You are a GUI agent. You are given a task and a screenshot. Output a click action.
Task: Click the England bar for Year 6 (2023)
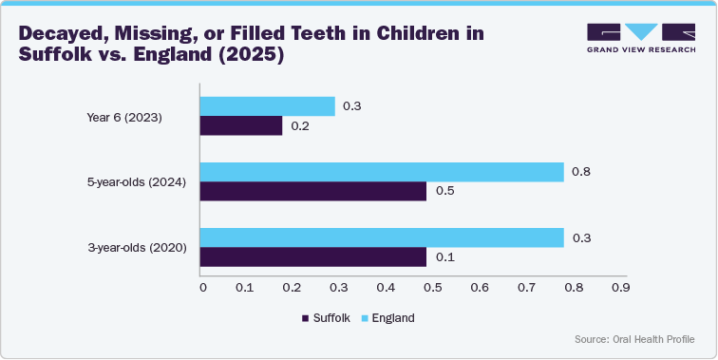268,106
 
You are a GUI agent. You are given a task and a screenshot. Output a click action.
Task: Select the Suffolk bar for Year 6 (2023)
241,126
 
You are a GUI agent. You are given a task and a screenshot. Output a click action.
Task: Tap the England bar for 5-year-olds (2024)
382,172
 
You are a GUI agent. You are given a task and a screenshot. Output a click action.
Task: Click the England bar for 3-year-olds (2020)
382,237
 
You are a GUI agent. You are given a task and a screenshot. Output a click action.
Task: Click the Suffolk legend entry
328,318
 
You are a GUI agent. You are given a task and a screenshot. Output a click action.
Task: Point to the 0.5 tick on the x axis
433,287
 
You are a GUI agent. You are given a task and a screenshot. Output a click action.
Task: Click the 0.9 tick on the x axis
619,287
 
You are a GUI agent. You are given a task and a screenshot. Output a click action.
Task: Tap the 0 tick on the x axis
201,287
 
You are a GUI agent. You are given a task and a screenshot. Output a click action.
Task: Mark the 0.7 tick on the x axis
526,287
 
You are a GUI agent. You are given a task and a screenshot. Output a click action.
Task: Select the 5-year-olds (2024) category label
137,182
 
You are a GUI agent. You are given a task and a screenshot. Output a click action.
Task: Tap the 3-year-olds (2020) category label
137,248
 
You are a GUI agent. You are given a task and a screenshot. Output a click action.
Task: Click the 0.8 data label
580,172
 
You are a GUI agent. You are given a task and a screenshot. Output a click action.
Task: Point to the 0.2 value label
300,126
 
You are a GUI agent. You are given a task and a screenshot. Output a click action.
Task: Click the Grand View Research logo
640,37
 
